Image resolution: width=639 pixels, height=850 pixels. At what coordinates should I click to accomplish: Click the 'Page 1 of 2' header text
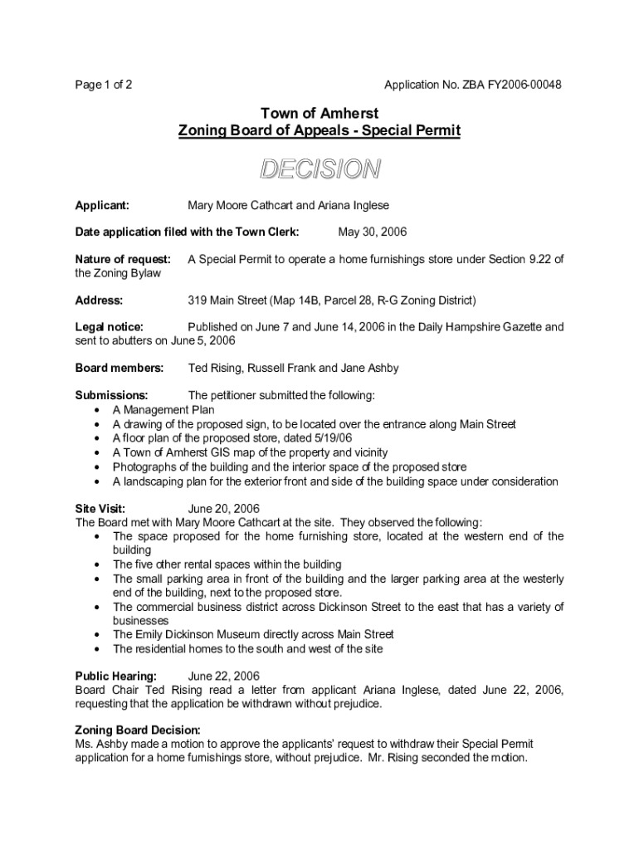click(x=104, y=85)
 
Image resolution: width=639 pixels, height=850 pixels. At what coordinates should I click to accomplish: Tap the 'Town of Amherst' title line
click(x=319, y=113)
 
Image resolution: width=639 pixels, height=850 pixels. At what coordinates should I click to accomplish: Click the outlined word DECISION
click(x=319, y=169)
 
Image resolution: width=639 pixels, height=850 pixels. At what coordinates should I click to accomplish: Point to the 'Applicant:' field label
click(x=102, y=205)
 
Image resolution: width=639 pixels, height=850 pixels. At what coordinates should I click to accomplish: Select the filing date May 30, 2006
click(x=373, y=232)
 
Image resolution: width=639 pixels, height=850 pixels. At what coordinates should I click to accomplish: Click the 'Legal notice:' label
click(x=110, y=327)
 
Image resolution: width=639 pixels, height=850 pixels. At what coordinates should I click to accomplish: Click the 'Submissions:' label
click(x=112, y=395)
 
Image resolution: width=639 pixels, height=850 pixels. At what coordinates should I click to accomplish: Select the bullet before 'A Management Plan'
click(x=99, y=410)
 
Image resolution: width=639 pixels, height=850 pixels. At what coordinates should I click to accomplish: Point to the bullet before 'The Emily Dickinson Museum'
click(x=99, y=635)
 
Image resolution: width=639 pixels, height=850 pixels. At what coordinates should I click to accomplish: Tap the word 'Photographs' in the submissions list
click(x=144, y=467)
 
